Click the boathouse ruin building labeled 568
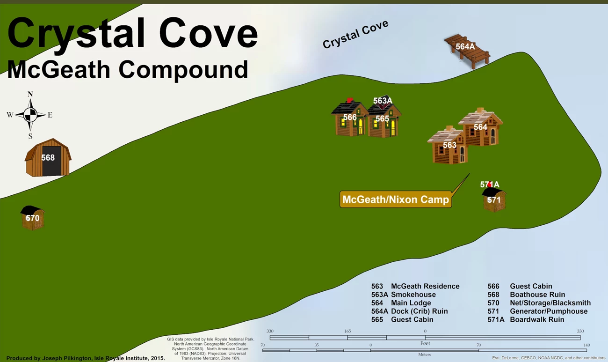(48, 158)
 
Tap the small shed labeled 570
(32, 218)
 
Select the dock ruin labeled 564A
(467, 51)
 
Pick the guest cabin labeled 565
(384, 120)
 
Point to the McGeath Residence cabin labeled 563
(449, 147)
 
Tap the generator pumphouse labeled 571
(494, 200)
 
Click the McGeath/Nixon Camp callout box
(396, 199)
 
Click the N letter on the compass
(30, 94)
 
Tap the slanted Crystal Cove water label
(355, 35)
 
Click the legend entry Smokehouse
(413, 295)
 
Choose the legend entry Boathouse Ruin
(537, 295)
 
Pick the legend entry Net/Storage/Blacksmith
(550, 303)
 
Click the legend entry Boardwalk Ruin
(537, 319)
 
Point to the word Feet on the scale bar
(425, 343)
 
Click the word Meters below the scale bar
(425, 355)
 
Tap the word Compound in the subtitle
(183, 70)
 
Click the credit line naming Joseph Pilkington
(86, 358)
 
